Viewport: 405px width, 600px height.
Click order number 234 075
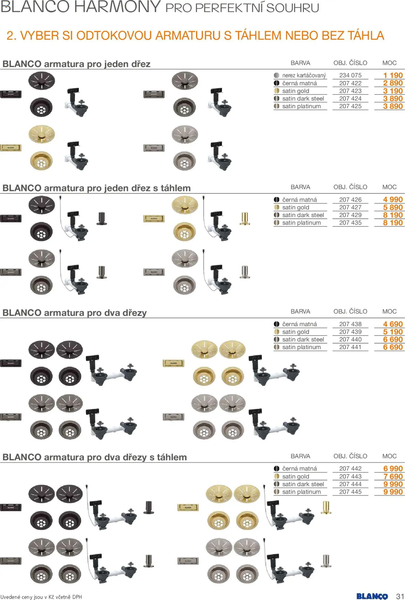[x=350, y=75]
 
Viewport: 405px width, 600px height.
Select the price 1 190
[x=393, y=75]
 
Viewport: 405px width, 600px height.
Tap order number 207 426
[x=350, y=200]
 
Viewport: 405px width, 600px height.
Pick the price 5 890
[x=393, y=207]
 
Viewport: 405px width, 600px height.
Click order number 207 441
[x=350, y=347]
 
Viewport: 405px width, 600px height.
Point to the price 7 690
[x=393, y=476]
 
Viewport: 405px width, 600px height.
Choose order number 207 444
[x=350, y=484]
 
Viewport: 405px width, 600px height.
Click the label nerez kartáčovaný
[x=304, y=76]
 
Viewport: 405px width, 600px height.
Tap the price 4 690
[x=393, y=324]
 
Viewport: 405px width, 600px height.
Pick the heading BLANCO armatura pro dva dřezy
[x=74, y=313]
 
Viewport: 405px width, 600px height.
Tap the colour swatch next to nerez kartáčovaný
[x=276, y=76]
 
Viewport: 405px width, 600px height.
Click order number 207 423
[x=350, y=91]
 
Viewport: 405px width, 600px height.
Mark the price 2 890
[x=393, y=83]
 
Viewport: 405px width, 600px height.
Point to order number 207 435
[x=350, y=223]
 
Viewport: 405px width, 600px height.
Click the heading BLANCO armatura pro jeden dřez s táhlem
[x=96, y=188]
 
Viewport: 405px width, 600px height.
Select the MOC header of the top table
[x=389, y=63]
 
